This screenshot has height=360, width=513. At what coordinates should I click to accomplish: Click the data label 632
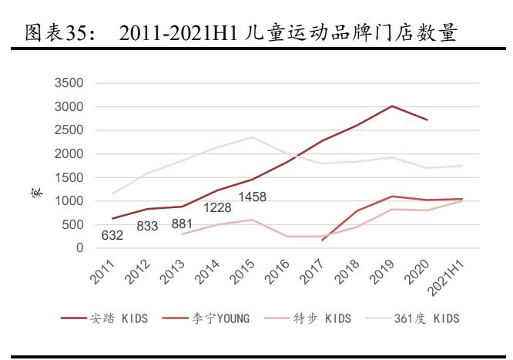(112, 236)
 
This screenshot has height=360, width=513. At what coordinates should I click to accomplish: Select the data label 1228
(218, 207)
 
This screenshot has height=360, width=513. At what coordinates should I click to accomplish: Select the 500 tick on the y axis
(77, 224)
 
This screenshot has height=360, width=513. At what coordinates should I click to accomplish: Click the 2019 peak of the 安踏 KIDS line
(393, 106)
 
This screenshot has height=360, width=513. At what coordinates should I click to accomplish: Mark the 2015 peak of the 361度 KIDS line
(250, 137)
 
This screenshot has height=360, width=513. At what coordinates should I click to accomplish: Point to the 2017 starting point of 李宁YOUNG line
(322, 240)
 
